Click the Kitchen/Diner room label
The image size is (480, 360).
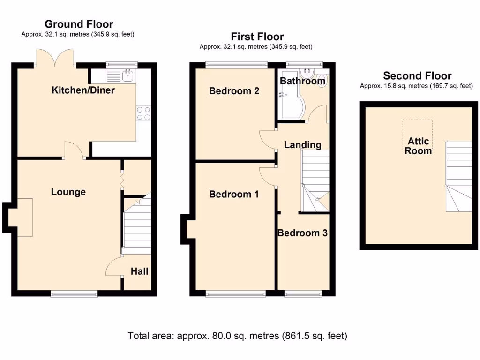pos(83,90)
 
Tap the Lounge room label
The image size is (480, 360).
pos(68,192)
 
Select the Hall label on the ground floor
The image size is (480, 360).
pos(139,271)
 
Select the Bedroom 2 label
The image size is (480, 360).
pos(234,91)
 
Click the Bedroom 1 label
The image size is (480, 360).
pos(233,194)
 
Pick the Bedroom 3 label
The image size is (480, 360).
pos(302,233)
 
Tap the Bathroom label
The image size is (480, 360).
pos(302,81)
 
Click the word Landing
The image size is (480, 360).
pos(303,145)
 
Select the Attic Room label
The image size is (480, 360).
pos(418,146)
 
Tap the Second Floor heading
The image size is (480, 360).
pos(417,76)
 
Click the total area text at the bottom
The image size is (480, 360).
pos(237,336)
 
